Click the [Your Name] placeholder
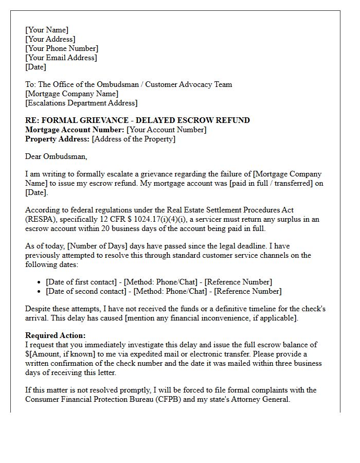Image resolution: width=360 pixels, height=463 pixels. (x=46, y=30)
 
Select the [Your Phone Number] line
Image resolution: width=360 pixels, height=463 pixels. (x=61, y=48)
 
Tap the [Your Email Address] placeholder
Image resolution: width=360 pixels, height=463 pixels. (x=61, y=58)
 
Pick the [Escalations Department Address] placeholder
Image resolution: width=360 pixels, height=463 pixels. (x=81, y=103)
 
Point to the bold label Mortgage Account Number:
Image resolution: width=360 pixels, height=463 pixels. (x=75, y=130)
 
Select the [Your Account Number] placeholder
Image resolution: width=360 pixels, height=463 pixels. (x=166, y=130)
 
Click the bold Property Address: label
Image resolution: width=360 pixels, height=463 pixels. (x=57, y=139)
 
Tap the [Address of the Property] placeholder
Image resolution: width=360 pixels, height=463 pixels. (x=133, y=139)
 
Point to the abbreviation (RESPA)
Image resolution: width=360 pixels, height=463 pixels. (x=42, y=219)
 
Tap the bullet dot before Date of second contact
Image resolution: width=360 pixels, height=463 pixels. (x=40, y=292)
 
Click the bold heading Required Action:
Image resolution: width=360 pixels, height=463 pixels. (x=56, y=335)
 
